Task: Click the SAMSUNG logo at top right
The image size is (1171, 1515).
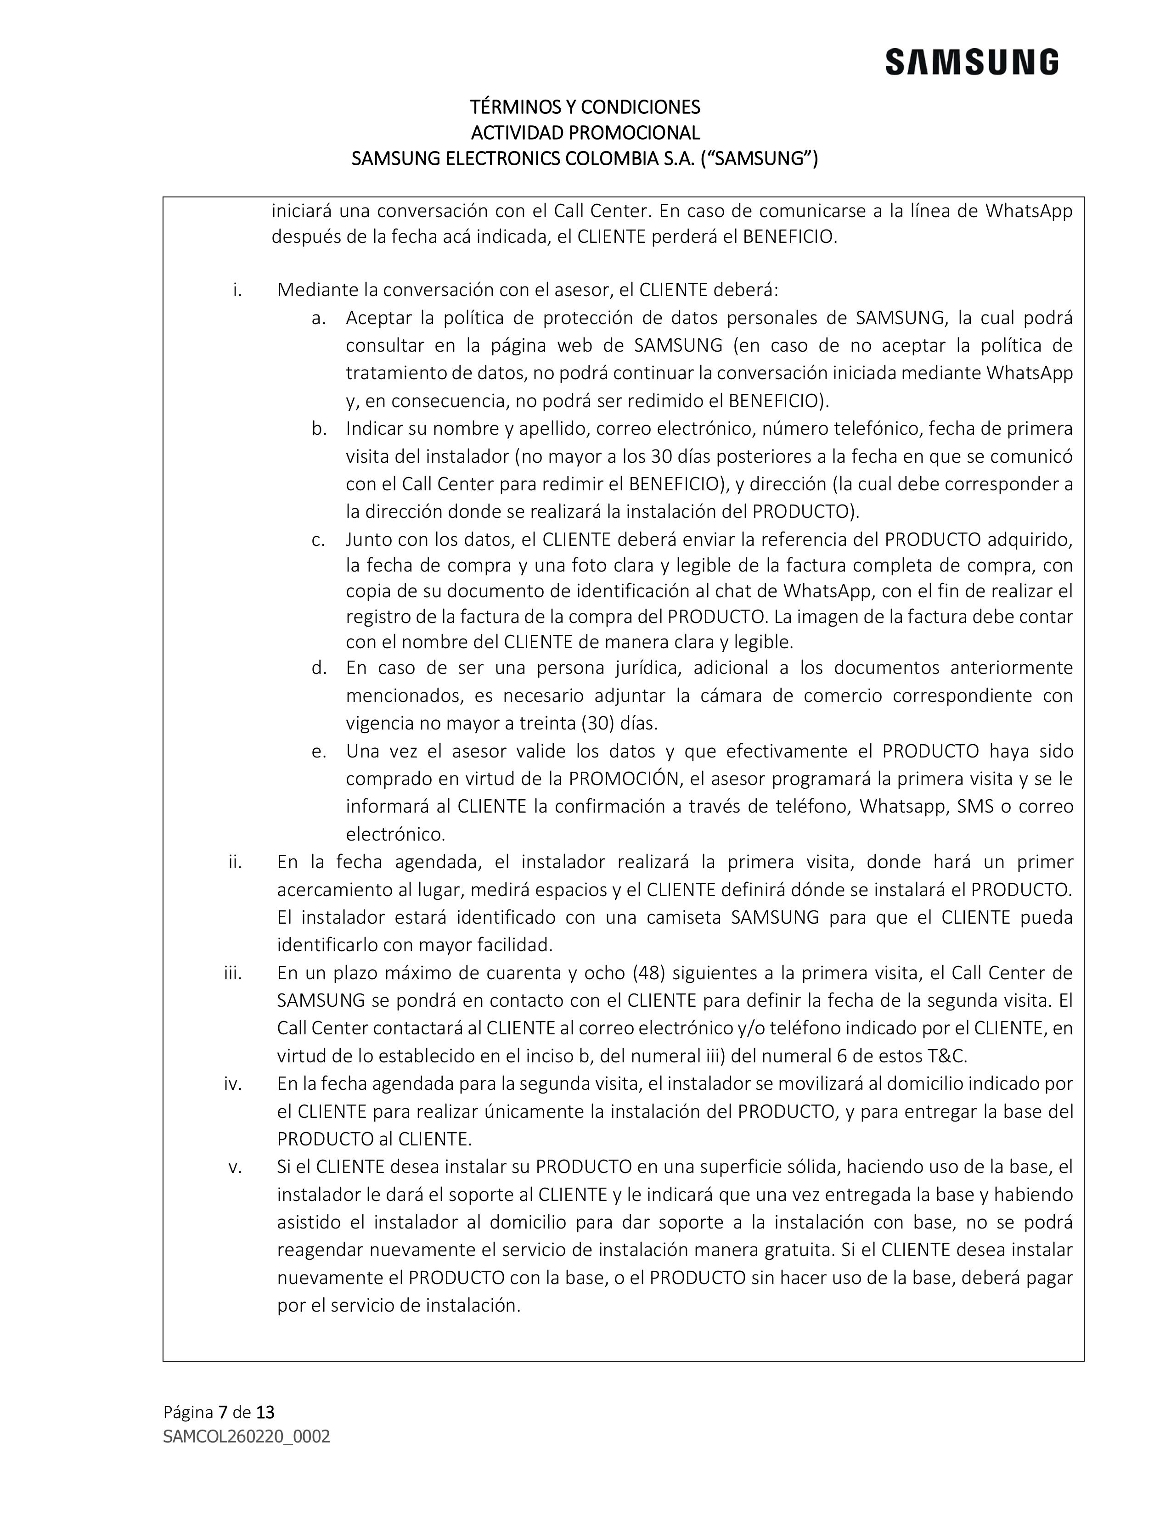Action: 971,62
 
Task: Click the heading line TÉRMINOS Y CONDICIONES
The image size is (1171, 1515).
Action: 585,107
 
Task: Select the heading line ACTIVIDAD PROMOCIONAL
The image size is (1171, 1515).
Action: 585,133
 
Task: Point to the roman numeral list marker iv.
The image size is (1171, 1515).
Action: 233,1083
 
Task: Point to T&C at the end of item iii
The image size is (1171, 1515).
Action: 947,1056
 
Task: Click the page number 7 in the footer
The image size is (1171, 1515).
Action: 223,1412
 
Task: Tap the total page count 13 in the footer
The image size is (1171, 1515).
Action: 265,1412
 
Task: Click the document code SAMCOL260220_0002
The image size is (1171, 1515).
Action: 246,1436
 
